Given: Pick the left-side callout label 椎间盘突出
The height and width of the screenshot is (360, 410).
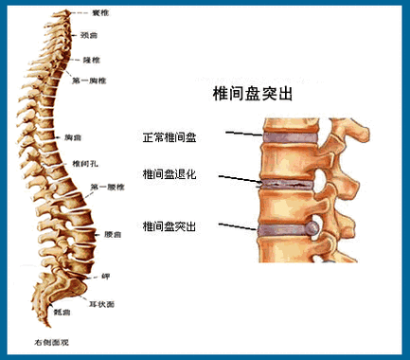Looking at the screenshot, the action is [x=169, y=226].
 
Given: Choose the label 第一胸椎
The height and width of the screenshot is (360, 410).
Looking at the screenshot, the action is [x=87, y=81].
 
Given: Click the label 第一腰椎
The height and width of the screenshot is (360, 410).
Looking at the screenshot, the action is [x=106, y=186].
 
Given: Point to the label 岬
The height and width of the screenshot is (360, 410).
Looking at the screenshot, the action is [x=106, y=276].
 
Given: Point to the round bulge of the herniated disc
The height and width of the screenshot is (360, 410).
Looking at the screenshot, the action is [x=312, y=228].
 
